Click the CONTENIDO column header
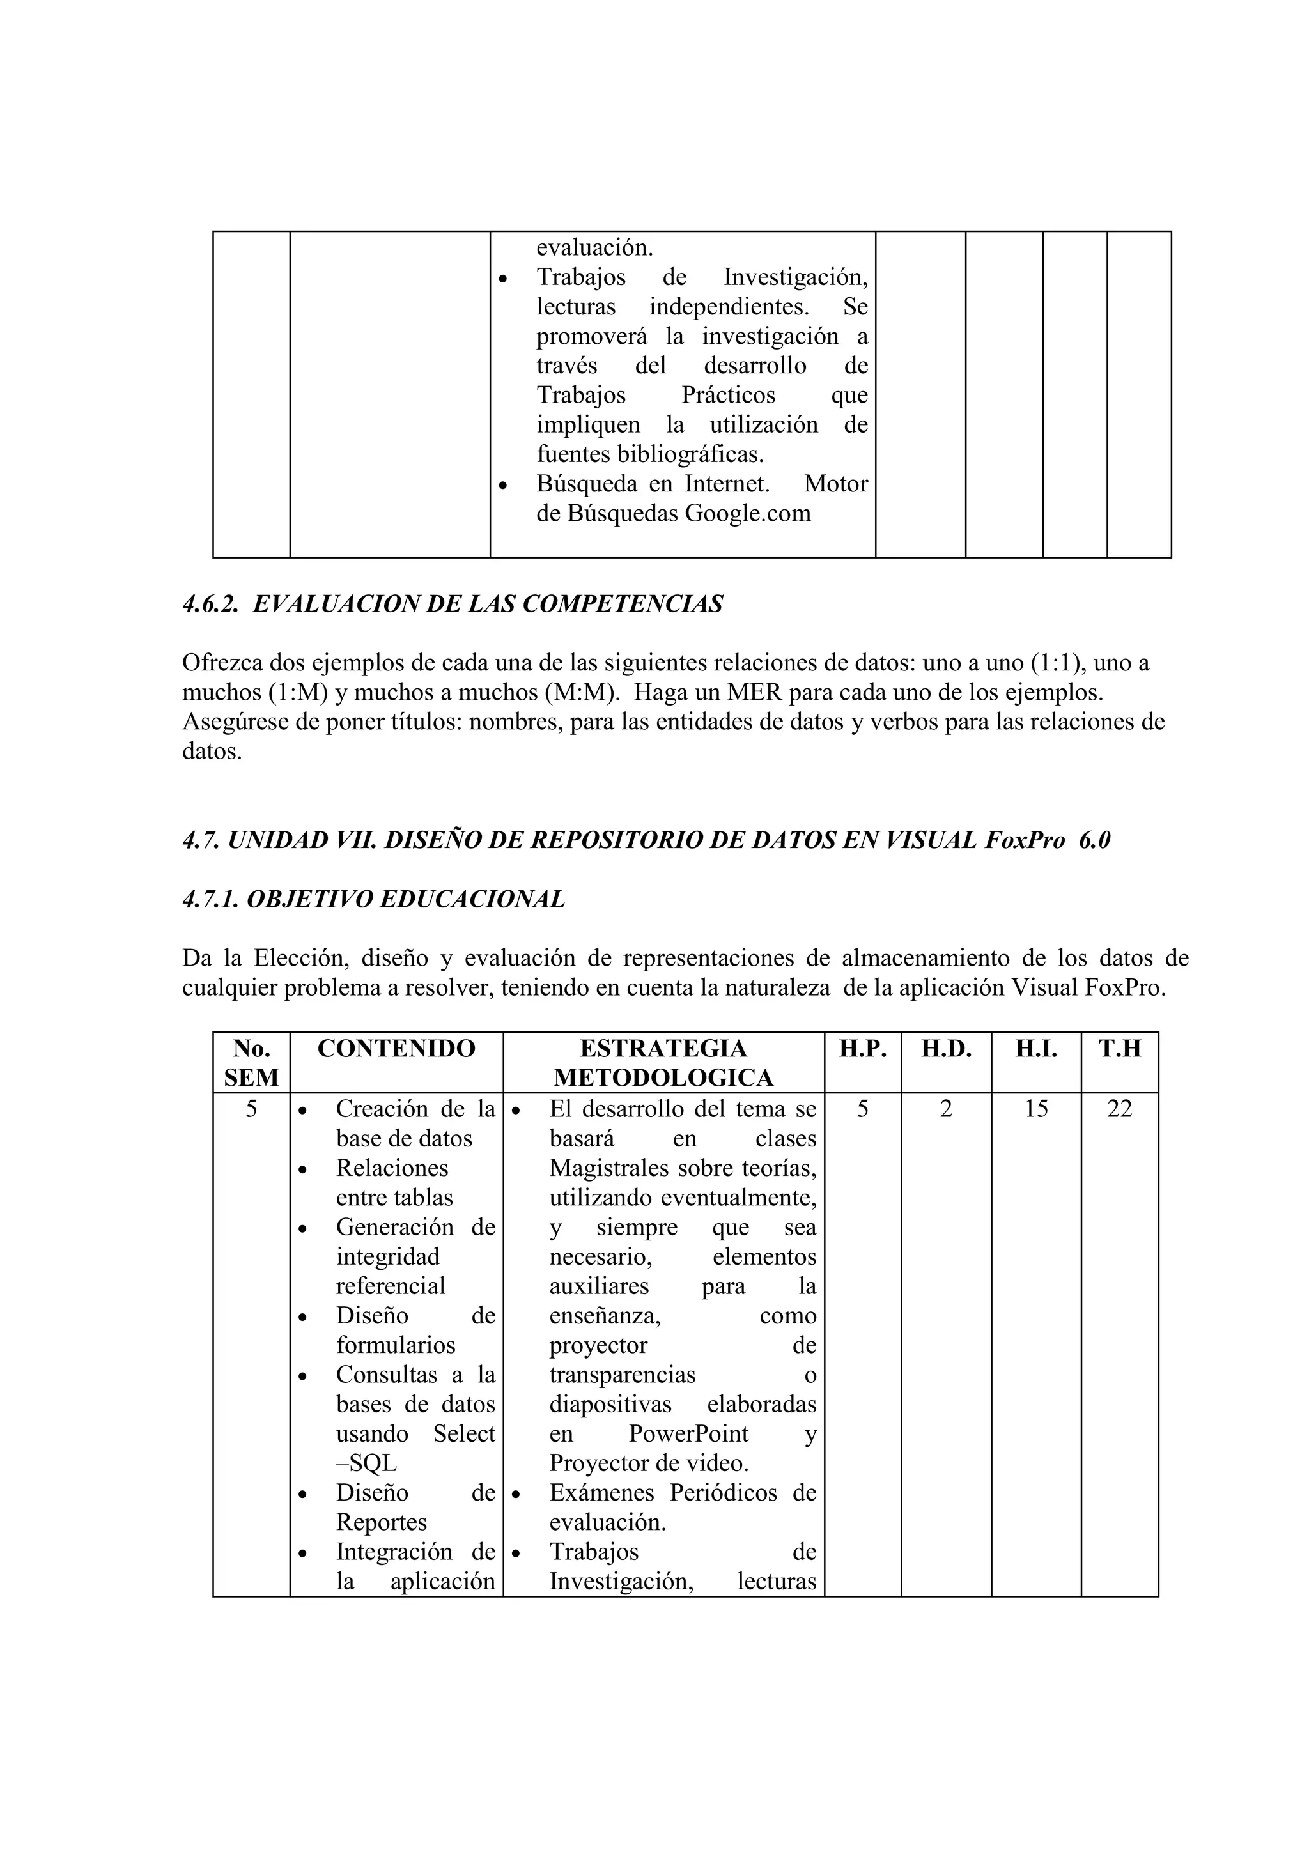coord(396,1048)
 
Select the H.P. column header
coord(862,1048)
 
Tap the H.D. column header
coord(946,1048)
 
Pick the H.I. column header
coord(1035,1048)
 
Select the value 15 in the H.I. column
coord(1035,1109)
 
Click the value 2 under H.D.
coord(946,1109)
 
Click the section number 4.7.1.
coord(210,899)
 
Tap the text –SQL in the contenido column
coord(366,1463)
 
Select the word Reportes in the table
coord(382,1522)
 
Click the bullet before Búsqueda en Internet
coord(503,486)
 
